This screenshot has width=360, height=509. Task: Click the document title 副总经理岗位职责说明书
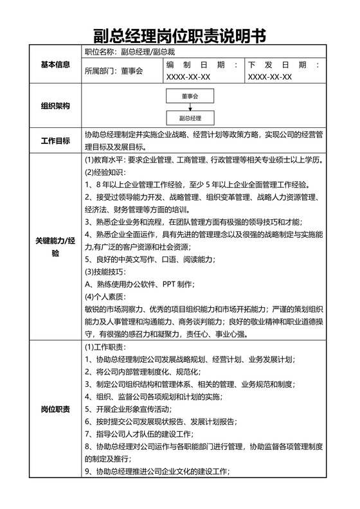[x=179, y=35]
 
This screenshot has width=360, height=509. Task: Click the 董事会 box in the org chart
[x=190, y=95]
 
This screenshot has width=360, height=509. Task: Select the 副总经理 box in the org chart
[x=190, y=118]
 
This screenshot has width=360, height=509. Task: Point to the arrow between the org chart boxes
[x=190, y=107]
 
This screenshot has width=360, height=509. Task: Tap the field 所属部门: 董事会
[x=114, y=71]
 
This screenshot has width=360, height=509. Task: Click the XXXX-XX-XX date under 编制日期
[x=188, y=77]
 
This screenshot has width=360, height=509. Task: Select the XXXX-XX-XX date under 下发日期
[x=270, y=77]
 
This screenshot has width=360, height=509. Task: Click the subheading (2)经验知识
[x=106, y=172]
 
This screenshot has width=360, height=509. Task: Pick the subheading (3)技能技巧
[x=106, y=272]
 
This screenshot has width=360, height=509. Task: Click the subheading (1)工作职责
[x=106, y=347]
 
